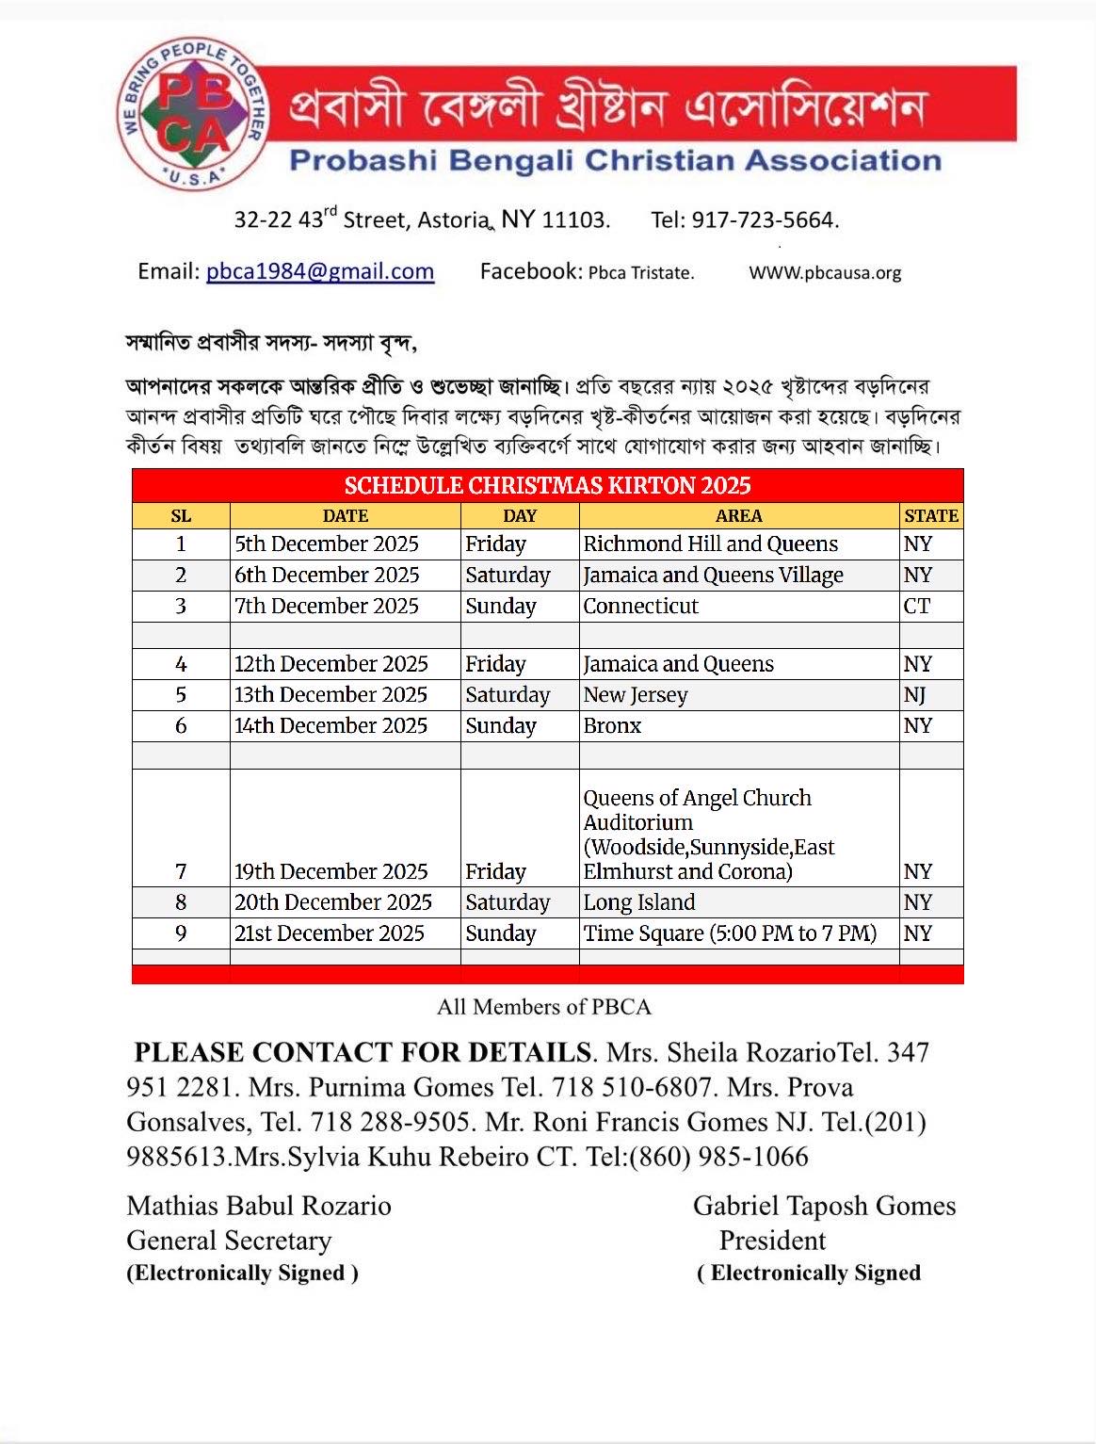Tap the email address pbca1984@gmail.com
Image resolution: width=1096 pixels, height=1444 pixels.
(x=320, y=272)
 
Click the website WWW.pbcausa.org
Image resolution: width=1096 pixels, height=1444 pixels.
(x=825, y=273)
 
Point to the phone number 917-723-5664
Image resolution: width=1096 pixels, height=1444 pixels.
(x=765, y=220)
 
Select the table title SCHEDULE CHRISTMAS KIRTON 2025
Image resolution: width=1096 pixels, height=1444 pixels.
(x=547, y=486)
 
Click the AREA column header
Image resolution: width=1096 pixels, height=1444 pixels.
(x=738, y=516)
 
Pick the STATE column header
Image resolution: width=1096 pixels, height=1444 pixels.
(x=930, y=516)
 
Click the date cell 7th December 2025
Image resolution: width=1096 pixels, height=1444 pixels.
(x=327, y=606)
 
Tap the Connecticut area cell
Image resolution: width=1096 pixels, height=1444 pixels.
(x=640, y=606)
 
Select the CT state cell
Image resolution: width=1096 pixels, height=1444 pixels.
(x=917, y=606)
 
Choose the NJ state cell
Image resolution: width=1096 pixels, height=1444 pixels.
(x=915, y=695)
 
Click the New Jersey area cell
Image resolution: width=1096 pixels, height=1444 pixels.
(x=636, y=695)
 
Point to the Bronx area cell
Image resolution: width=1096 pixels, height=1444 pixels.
(x=612, y=726)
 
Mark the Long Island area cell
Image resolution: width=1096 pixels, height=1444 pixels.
(x=639, y=902)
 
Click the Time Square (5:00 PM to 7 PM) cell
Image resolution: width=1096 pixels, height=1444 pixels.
(x=730, y=933)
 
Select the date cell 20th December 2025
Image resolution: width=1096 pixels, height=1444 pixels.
(x=333, y=902)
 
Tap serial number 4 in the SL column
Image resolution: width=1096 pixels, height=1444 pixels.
(x=181, y=664)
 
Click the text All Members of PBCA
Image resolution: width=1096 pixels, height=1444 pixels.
(x=544, y=1007)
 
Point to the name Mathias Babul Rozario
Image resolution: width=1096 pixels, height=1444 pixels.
(x=259, y=1206)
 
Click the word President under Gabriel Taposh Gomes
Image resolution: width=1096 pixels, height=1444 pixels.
(x=772, y=1241)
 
